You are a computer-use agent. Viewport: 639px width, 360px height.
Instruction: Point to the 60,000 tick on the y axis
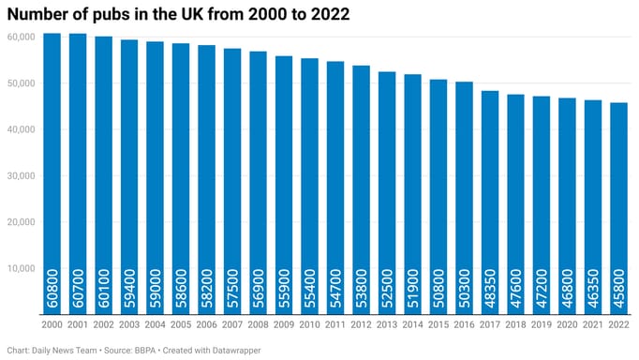[x=20, y=37]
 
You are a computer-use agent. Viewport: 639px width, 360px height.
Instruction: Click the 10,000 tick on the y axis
[x=20, y=268]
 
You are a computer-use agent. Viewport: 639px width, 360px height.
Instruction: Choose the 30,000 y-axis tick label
[x=20, y=176]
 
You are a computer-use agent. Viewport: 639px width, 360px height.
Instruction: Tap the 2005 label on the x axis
[x=181, y=323]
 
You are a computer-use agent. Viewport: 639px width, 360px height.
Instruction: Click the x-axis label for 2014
[x=412, y=323]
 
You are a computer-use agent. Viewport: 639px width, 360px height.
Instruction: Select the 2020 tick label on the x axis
[x=567, y=323]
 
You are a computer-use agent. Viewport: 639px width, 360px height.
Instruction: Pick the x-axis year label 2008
[x=259, y=323]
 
